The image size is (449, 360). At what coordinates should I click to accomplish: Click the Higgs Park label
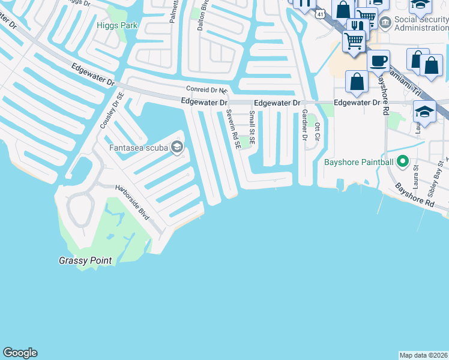click(116, 25)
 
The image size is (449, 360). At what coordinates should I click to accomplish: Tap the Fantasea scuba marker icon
click(176, 147)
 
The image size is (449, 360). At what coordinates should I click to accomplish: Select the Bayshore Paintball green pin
click(402, 162)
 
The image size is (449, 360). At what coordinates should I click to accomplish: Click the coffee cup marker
click(378, 62)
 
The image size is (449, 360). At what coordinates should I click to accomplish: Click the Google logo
click(20, 353)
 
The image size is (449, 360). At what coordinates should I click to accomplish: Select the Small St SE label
click(252, 127)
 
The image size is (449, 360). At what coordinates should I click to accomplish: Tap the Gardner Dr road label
click(304, 125)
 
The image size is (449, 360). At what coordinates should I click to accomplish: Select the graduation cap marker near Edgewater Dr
click(424, 112)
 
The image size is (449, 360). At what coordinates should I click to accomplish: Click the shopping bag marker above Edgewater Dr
click(357, 82)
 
